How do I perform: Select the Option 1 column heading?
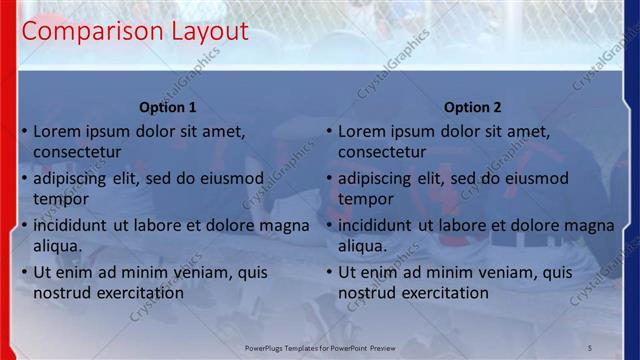pyautogui.click(x=168, y=107)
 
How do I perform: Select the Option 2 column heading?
pyautogui.click(x=473, y=107)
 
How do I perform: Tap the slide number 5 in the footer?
pyautogui.click(x=589, y=347)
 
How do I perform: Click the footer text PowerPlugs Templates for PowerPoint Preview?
pyautogui.click(x=320, y=347)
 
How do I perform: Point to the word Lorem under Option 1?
pyautogui.click(x=57, y=131)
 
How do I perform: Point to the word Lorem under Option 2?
pyautogui.click(x=362, y=131)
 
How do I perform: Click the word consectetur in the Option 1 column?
pyautogui.click(x=77, y=152)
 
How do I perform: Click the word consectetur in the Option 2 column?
pyautogui.click(x=382, y=152)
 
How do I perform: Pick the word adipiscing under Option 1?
pyautogui.click(x=70, y=179)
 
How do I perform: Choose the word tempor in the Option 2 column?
pyautogui.click(x=366, y=199)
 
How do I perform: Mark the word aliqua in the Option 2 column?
pyautogui.click(x=363, y=246)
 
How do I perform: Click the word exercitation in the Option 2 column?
pyautogui.click(x=439, y=293)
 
